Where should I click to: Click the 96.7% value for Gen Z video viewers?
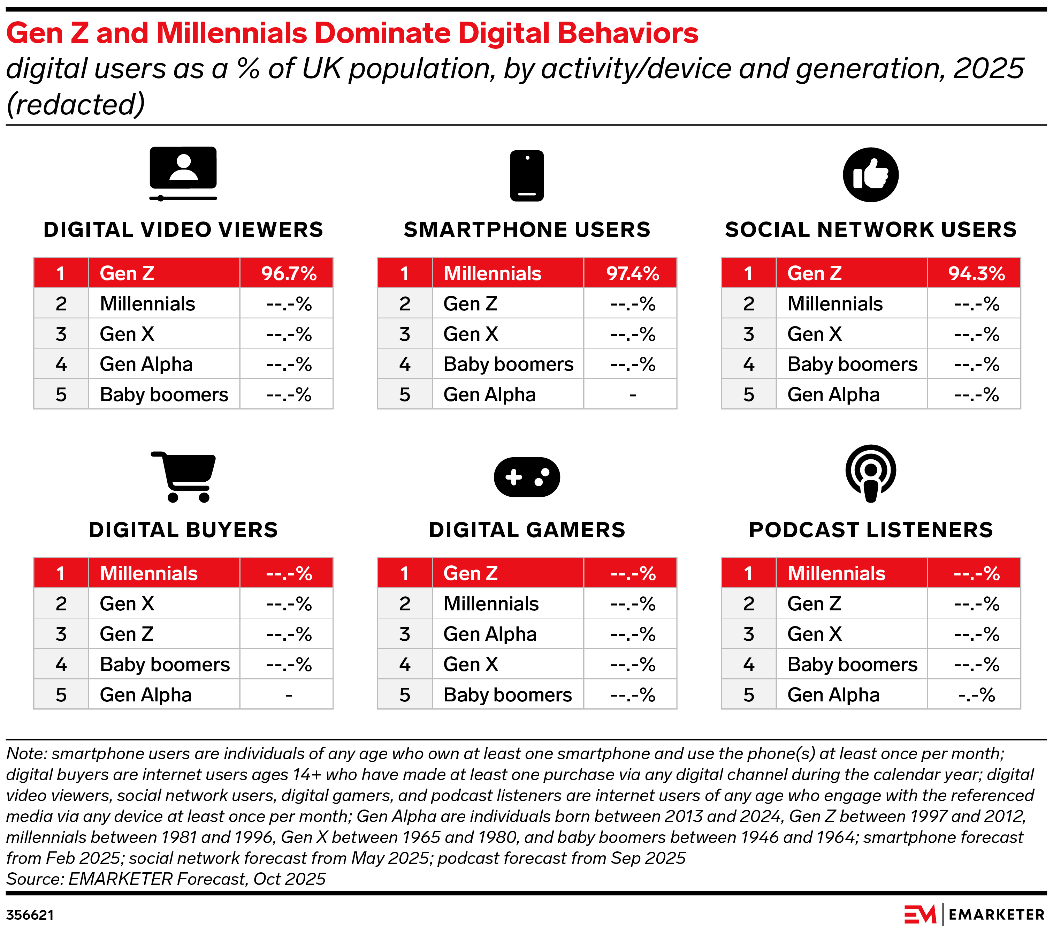click(289, 273)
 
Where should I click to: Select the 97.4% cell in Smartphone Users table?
click(632, 273)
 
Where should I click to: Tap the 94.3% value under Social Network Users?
click(976, 273)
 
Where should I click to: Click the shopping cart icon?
click(184, 476)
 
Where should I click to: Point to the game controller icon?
click(526, 477)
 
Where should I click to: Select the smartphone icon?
click(526, 175)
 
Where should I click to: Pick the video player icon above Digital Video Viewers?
click(183, 174)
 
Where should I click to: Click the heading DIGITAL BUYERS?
click(183, 530)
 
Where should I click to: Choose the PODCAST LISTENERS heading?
click(871, 530)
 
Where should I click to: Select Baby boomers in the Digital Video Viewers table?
click(164, 395)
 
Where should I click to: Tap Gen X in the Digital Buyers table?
click(127, 604)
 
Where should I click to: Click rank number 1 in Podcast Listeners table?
click(748, 573)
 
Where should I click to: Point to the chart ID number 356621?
click(30, 915)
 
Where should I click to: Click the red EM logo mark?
click(920, 915)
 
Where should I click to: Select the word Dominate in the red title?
click(382, 33)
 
